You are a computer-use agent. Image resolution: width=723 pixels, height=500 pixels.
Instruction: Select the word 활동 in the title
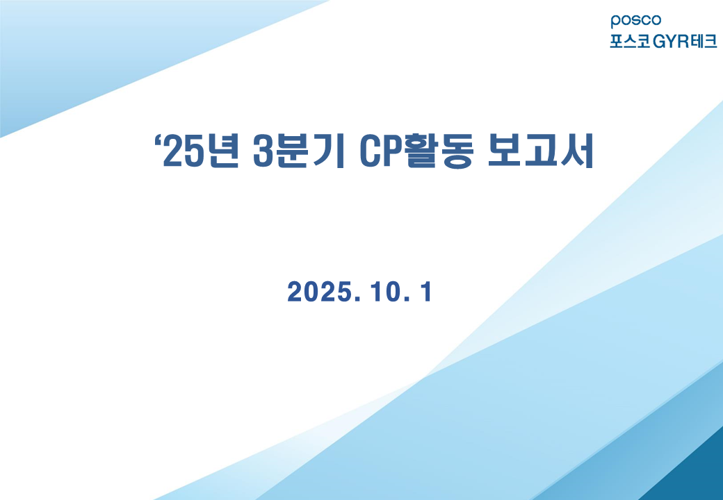(x=437, y=151)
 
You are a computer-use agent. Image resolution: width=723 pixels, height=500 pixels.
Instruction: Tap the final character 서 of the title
(x=577, y=151)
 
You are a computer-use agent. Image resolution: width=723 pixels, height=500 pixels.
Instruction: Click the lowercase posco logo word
(x=636, y=21)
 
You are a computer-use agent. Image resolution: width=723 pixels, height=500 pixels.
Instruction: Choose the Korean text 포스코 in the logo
(x=631, y=42)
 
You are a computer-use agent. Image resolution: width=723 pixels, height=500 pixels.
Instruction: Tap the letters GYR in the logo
(x=670, y=42)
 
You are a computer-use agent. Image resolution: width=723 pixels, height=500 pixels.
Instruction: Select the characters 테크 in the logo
(x=703, y=42)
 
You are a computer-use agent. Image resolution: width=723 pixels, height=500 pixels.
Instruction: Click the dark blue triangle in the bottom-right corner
(x=697, y=476)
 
